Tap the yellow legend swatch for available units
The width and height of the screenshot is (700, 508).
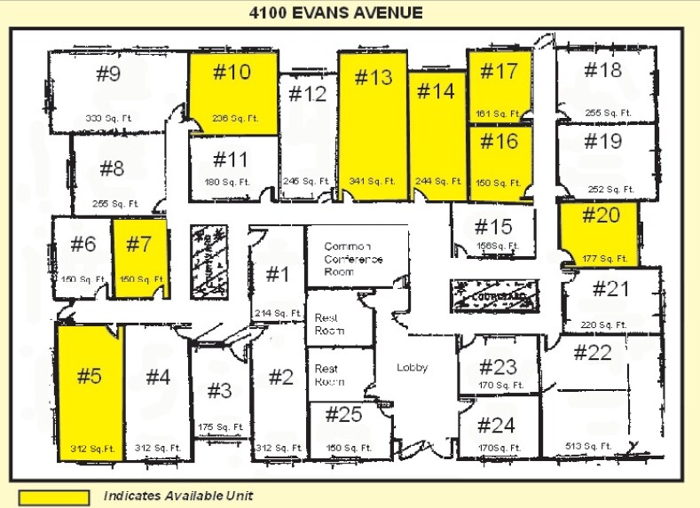click(x=54, y=496)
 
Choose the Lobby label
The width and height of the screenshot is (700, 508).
click(x=412, y=367)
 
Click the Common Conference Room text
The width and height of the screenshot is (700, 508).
click(x=353, y=258)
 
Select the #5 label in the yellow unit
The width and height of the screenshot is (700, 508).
click(x=90, y=376)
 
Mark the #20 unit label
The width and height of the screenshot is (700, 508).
click(x=601, y=215)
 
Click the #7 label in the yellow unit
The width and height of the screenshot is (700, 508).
click(x=138, y=244)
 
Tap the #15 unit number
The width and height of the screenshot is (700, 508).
click(x=493, y=226)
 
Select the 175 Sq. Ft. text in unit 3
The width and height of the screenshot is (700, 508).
click(x=222, y=426)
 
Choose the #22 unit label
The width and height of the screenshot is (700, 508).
click(x=593, y=353)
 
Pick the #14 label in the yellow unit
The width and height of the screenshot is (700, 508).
click(x=436, y=91)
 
